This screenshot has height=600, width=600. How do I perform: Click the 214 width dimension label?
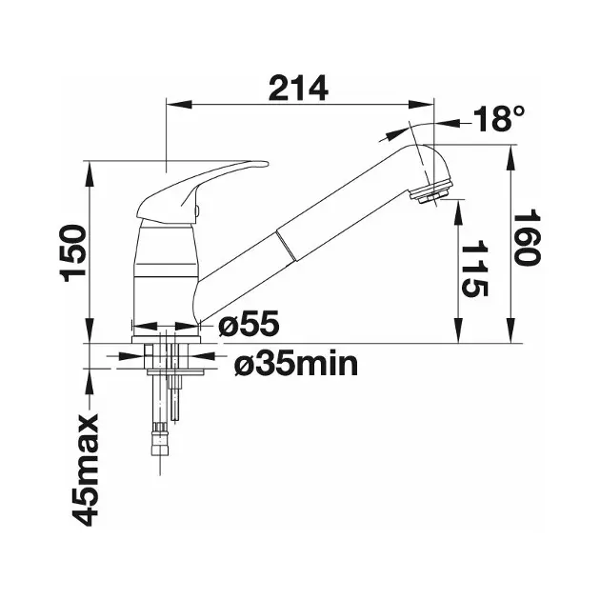tap(298, 88)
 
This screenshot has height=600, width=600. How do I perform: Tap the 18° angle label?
tap(499, 118)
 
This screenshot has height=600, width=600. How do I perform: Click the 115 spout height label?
tap(475, 269)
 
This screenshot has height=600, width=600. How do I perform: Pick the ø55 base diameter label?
tap(250, 324)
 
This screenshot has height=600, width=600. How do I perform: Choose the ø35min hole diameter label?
tap(296, 364)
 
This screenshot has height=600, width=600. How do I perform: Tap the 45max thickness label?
tap(86, 470)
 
